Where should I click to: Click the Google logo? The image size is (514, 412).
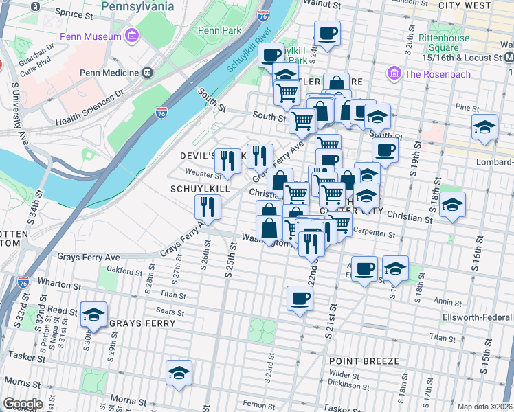click(x=22, y=404)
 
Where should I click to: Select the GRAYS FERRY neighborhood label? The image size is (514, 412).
click(x=136, y=323)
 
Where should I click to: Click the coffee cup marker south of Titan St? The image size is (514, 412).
click(x=300, y=299)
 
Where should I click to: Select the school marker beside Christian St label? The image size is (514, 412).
click(x=452, y=205)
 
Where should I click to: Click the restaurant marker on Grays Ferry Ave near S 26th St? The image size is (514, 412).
click(x=206, y=205)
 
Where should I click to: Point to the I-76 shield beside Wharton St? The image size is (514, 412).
click(x=23, y=282)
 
